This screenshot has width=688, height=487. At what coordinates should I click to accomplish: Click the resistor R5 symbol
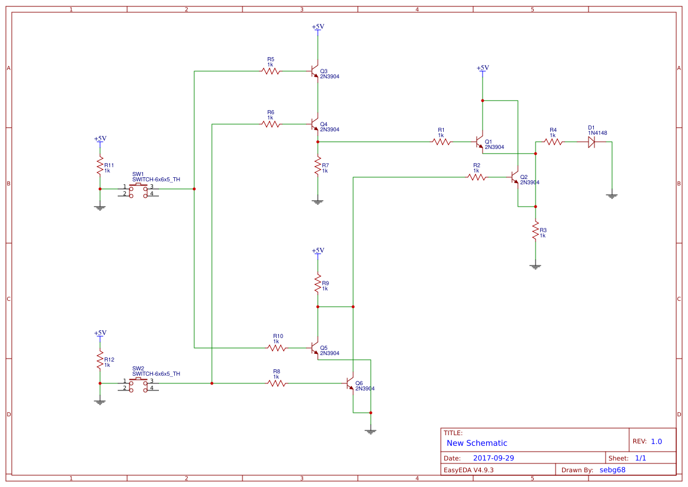pos(271,71)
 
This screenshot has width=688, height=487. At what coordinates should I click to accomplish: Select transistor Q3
pos(315,71)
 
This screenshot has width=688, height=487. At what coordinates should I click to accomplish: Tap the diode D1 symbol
pos(593,142)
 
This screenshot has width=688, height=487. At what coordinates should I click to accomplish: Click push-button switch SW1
pos(139,190)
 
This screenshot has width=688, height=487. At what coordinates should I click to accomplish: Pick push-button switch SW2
pos(139,384)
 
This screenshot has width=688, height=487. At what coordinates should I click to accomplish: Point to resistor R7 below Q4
pos(318,165)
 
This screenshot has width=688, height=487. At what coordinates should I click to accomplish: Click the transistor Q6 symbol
pos(351,384)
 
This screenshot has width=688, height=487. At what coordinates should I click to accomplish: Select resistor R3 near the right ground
pos(536,230)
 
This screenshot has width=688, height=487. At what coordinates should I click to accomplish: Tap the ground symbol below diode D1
pos(612,196)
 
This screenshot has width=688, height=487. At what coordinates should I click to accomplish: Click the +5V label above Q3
pos(318,27)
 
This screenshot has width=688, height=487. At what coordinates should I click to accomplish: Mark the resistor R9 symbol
pos(318,283)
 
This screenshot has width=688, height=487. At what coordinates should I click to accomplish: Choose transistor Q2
pos(515,177)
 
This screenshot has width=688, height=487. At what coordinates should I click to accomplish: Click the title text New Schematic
pos(477,443)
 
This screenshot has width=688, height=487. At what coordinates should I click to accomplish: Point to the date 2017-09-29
pos(494,458)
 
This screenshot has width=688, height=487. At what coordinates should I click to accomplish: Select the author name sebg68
pos(612,470)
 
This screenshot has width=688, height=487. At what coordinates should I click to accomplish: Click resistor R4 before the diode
pos(553,142)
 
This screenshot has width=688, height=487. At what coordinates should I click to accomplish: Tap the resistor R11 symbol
pos(100,167)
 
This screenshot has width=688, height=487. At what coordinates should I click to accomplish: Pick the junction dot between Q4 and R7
pos(318,142)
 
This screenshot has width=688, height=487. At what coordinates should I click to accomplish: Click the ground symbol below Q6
pos(371,432)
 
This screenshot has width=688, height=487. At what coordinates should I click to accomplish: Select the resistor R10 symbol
pos(277,348)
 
